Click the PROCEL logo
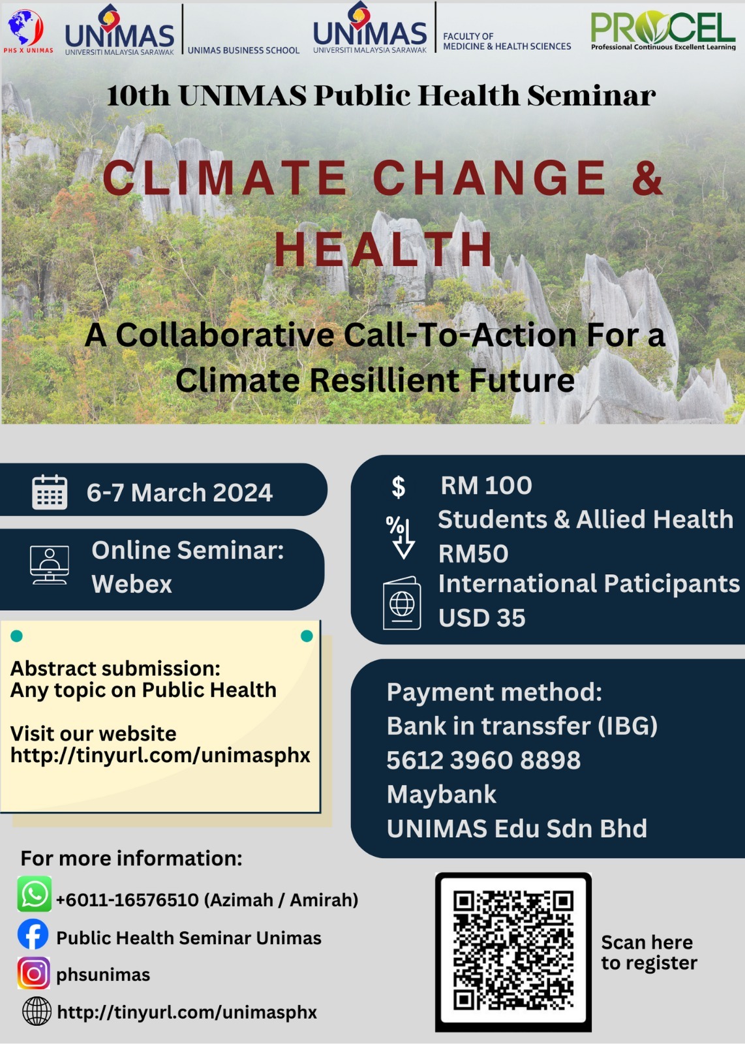pos(663,30)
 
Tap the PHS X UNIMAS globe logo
pos(27,31)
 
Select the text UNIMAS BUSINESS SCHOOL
pos(243,50)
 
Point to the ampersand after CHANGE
pos(647,177)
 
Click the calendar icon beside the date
pos(50,492)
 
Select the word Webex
pos(132,584)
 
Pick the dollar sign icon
pos(399,487)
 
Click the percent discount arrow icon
pos(400,538)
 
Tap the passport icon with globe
pos(402,603)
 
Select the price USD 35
pos(481,618)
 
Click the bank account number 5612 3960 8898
pos(483,760)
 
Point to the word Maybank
pos(441,794)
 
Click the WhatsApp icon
pos(35,893)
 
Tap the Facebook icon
pos(33,934)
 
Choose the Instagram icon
pos(33,973)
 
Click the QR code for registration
pos(513,951)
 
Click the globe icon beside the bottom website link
pos(37,1011)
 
